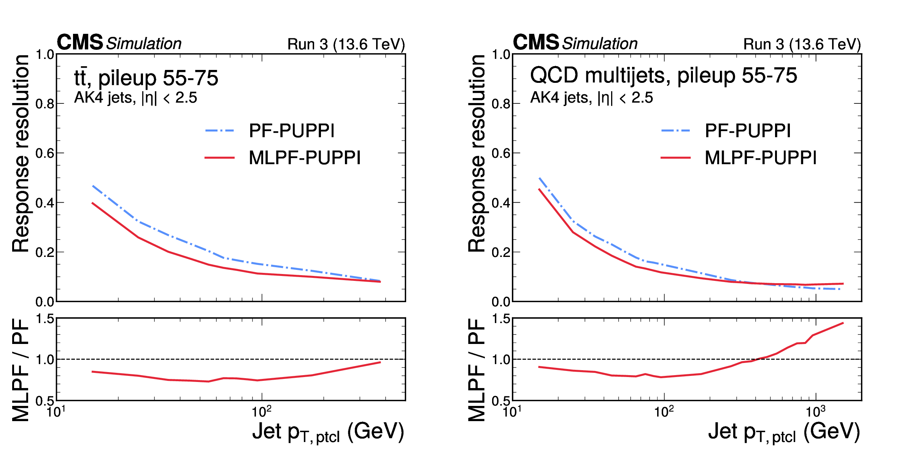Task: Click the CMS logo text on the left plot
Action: (80, 42)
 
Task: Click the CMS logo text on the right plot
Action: (536, 42)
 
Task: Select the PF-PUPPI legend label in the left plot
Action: (292, 131)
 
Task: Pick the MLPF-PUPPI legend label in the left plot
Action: (305, 158)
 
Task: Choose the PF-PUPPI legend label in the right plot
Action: (748, 131)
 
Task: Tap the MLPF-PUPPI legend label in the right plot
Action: (761, 158)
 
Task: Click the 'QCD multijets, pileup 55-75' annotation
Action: (663, 75)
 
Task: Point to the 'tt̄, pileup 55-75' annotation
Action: (146, 78)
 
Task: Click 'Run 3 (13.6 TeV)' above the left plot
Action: (346, 44)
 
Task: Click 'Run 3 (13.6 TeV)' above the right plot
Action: (802, 44)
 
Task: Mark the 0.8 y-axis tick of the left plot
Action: (45, 104)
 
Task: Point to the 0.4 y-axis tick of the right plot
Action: (501, 203)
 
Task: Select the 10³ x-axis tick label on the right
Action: (815, 411)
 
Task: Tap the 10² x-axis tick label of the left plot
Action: (262, 411)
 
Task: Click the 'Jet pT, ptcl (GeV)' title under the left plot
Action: (328, 432)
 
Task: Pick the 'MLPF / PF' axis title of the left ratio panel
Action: (21, 370)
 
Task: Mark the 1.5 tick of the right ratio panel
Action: (501, 318)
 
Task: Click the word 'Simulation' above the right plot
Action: (600, 44)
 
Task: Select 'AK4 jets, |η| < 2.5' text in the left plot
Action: (135, 98)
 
